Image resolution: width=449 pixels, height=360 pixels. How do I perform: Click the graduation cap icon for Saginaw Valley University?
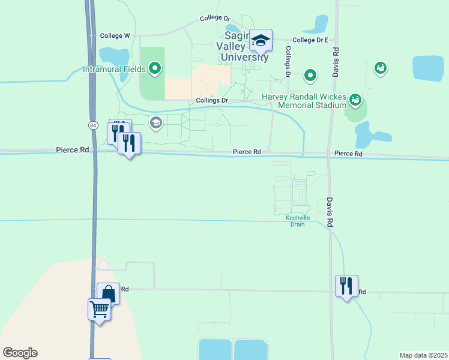[x=261, y=41]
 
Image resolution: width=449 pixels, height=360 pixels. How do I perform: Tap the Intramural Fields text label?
[x=114, y=69]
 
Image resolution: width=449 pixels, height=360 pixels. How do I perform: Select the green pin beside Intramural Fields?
[x=155, y=69]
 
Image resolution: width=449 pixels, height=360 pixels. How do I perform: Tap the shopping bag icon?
[x=108, y=294]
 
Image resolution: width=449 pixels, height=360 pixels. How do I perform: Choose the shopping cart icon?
[x=99, y=310]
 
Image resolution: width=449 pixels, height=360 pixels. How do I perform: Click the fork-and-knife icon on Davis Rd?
[x=346, y=286]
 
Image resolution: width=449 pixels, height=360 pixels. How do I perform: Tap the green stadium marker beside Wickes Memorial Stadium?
[x=355, y=98]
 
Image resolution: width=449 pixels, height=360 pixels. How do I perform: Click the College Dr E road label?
[x=310, y=40]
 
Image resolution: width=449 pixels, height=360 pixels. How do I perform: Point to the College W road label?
[x=115, y=36]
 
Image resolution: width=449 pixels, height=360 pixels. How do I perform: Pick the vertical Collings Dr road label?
[x=288, y=62]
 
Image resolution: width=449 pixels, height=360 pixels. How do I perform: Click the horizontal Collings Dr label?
[x=212, y=100]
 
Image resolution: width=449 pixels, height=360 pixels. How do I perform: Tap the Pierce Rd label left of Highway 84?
[x=72, y=149]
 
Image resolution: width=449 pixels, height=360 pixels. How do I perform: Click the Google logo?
[x=20, y=353]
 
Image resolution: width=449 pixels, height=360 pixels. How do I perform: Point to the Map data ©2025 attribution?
[x=423, y=355]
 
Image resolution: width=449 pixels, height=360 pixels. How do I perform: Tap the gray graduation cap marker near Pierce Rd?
[x=156, y=124]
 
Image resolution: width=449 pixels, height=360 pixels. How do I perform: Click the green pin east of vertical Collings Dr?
[x=310, y=76]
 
